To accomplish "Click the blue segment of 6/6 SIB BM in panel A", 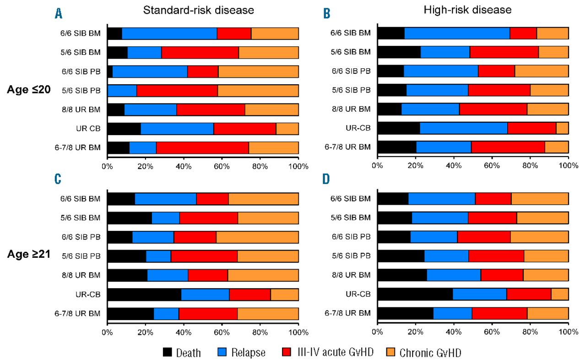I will tap(169, 33).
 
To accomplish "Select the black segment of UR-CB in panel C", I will tap(144, 295).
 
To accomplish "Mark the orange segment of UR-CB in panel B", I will tap(562, 128).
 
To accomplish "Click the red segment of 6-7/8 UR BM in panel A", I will tap(202, 147).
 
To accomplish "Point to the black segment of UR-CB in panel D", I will tap(415, 294).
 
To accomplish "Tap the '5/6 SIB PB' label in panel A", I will tap(81, 90).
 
